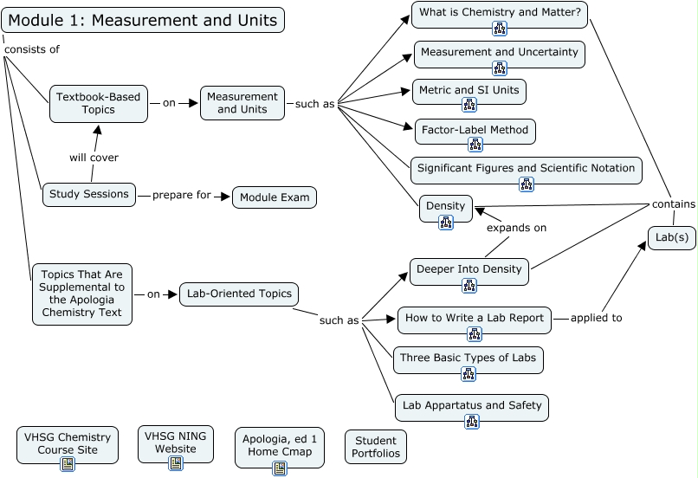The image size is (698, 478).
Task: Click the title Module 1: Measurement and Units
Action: tap(143, 20)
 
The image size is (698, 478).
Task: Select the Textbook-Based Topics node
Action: tap(98, 103)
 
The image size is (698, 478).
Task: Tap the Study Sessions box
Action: tap(89, 194)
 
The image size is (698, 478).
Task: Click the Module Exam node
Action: tap(275, 197)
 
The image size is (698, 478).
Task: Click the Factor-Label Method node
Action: tap(475, 130)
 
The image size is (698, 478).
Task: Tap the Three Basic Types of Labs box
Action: tap(468, 357)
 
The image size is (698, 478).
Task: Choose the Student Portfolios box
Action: tap(375, 447)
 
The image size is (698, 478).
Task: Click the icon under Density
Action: tap(446, 223)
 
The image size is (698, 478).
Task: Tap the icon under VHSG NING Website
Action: tap(176, 463)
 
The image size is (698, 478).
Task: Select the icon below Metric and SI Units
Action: tap(469, 106)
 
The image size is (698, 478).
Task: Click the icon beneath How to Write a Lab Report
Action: tap(475, 334)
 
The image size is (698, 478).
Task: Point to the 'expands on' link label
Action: tap(516, 228)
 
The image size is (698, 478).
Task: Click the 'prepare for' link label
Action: tap(182, 195)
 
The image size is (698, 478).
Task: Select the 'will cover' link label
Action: tap(94, 158)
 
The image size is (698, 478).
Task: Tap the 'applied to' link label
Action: tap(596, 318)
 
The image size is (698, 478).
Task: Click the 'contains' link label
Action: tap(673, 204)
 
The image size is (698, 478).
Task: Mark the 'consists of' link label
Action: tap(32, 49)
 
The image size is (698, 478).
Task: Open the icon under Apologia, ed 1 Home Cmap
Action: tap(280, 468)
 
